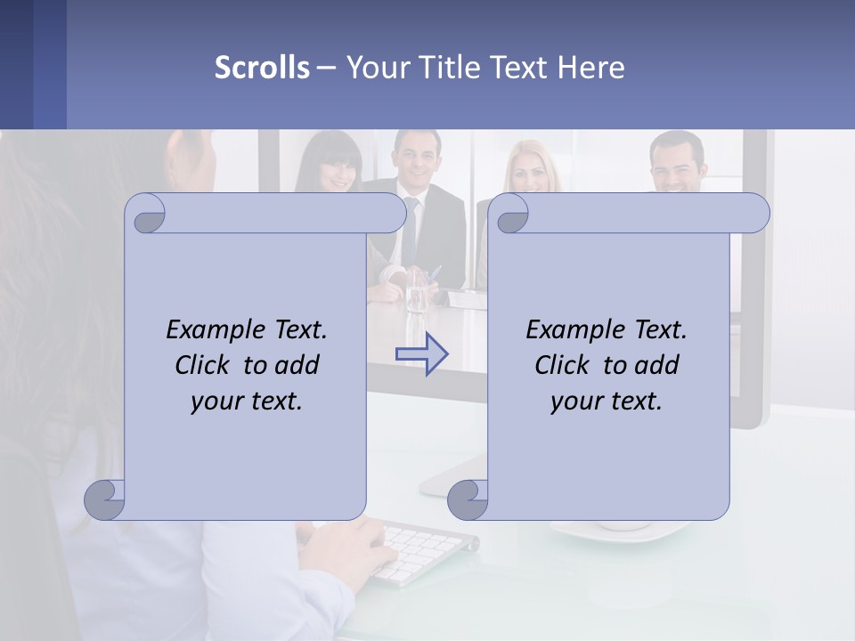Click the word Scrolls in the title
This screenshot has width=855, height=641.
(262, 67)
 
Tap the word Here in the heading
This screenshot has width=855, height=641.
(590, 67)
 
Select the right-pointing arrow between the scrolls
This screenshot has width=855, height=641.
(422, 353)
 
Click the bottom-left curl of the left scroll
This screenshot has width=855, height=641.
(105, 499)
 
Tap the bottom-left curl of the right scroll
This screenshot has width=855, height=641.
(468, 499)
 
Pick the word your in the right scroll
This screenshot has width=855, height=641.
(574, 401)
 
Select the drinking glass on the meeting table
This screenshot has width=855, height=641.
(417, 289)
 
